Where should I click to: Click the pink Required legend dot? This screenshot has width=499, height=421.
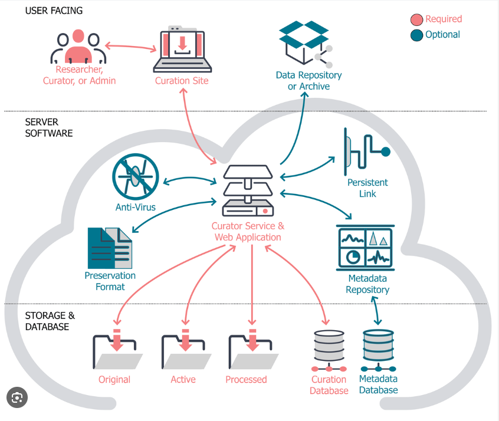(417, 19)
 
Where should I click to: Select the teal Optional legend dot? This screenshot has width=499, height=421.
(417, 35)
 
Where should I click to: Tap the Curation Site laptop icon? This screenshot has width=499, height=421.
(182, 50)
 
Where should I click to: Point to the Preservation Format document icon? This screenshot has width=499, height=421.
(110, 248)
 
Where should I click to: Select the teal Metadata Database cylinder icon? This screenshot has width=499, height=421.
(378, 348)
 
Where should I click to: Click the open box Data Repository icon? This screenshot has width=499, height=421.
(304, 42)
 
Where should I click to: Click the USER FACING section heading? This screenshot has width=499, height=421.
(54, 11)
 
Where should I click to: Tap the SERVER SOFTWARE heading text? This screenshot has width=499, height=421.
(49, 127)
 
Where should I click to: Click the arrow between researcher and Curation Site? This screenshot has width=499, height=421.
(129, 46)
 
